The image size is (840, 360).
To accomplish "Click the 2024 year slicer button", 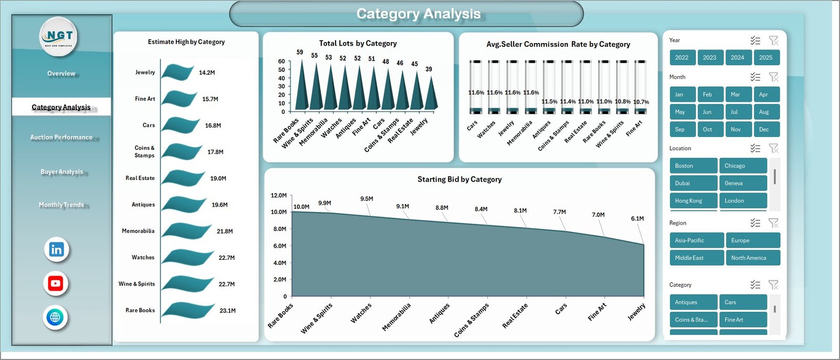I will coord(737,58).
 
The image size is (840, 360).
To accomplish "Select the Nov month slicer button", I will coord(736,130).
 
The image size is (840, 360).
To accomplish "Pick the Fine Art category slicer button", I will coord(742,320).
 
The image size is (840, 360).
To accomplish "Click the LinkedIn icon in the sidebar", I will coord(56,250).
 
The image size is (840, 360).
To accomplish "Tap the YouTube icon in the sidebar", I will coord(56,284).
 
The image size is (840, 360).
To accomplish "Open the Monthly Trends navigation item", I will coord(61,205).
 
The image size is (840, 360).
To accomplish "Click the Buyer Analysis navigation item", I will coord(61,172).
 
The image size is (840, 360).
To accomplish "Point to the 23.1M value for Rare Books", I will coord(227,311).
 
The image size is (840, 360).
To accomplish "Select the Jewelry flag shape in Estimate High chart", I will coord(177,72).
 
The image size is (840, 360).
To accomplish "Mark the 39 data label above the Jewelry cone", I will coord(429,69).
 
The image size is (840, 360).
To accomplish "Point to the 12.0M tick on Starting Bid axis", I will coord(279,196).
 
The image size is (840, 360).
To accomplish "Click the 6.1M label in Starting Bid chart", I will coord(637,219).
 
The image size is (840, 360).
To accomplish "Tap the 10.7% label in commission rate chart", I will coord(641,102).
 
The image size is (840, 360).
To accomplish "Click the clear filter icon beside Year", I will coord(773,40).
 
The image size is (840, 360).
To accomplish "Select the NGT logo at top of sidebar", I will coord(59,36).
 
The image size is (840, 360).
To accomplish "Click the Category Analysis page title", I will coord(418,14).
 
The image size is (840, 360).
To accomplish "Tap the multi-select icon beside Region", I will coord(755,223).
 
